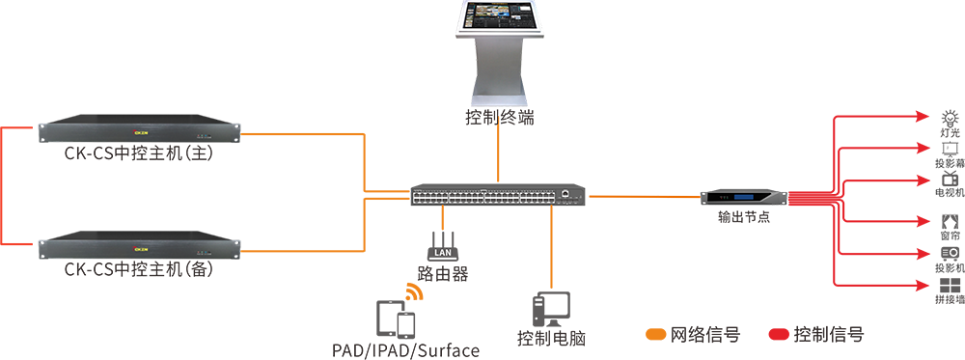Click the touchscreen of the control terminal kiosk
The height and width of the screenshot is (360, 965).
[501, 16]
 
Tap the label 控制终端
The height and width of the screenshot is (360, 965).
[500, 117]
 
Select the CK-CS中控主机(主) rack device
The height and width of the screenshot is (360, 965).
[138, 130]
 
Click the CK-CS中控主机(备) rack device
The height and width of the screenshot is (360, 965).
[138, 245]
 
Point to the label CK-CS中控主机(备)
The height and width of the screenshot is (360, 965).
[138, 269]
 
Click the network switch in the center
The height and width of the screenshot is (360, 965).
[499, 194]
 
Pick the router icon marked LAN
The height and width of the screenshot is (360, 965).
[443, 245]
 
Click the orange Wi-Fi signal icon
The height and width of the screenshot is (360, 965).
[414, 292]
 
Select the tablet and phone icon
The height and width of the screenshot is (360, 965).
[396, 318]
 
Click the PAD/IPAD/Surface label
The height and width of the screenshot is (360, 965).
[405, 350]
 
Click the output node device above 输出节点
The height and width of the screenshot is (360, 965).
[744, 198]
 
